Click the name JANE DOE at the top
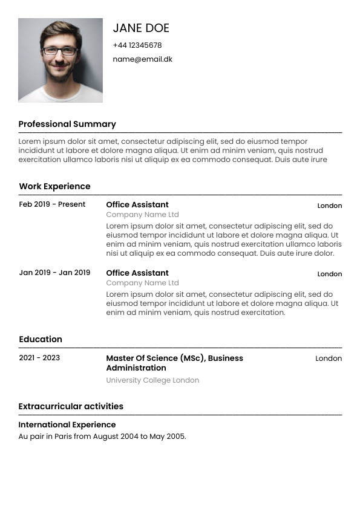click(x=141, y=28)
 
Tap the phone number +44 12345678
click(x=137, y=45)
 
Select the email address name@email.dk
click(x=142, y=59)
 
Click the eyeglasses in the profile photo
click(x=60, y=51)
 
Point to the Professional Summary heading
click(x=67, y=124)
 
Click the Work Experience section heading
click(x=54, y=186)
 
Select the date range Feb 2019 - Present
click(x=52, y=204)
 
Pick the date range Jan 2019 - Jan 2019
click(x=54, y=273)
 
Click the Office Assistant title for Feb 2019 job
click(x=137, y=204)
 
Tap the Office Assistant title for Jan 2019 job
click(x=137, y=273)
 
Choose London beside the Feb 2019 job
click(x=330, y=206)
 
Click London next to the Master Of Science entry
click(x=329, y=358)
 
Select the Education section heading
click(x=41, y=339)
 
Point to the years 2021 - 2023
click(x=39, y=358)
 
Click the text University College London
click(x=152, y=380)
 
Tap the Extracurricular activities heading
click(x=71, y=406)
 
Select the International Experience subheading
click(x=67, y=424)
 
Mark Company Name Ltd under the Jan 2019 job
click(x=142, y=283)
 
